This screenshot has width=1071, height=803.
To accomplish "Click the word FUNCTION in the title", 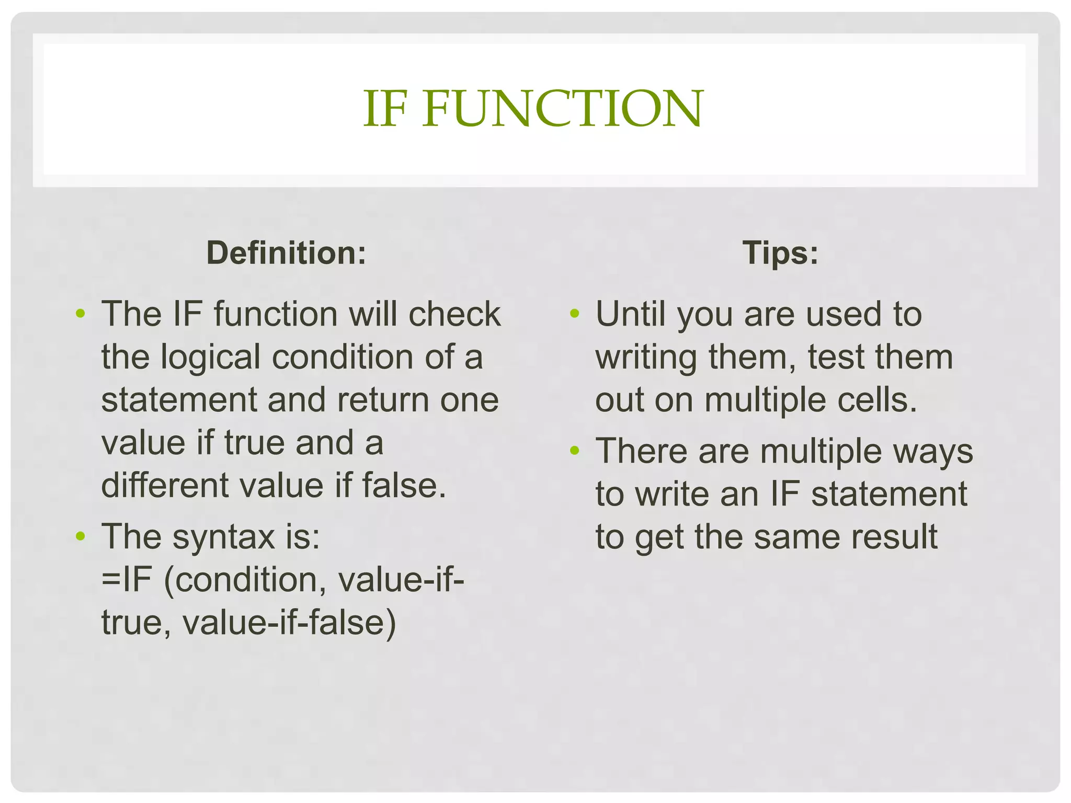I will tap(563, 108).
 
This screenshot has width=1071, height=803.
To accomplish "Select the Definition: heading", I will tap(286, 253).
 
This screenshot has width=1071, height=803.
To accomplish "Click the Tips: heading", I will tap(780, 253).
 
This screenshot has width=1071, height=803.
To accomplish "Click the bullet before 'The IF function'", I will tap(80, 314).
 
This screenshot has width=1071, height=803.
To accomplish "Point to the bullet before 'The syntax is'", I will tap(80, 536).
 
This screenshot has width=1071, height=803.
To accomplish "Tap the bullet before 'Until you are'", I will tap(575, 314).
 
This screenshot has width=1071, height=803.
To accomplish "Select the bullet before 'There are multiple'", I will tap(575, 451).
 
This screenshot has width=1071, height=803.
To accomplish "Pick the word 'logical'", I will tap(210, 358).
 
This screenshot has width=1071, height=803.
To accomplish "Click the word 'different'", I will tap(165, 485).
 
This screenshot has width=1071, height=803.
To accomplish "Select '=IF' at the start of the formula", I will tap(126, 580).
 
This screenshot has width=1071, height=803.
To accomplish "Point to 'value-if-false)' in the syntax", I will tap(289, 623).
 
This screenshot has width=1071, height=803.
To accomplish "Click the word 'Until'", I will tap(631, 314).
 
